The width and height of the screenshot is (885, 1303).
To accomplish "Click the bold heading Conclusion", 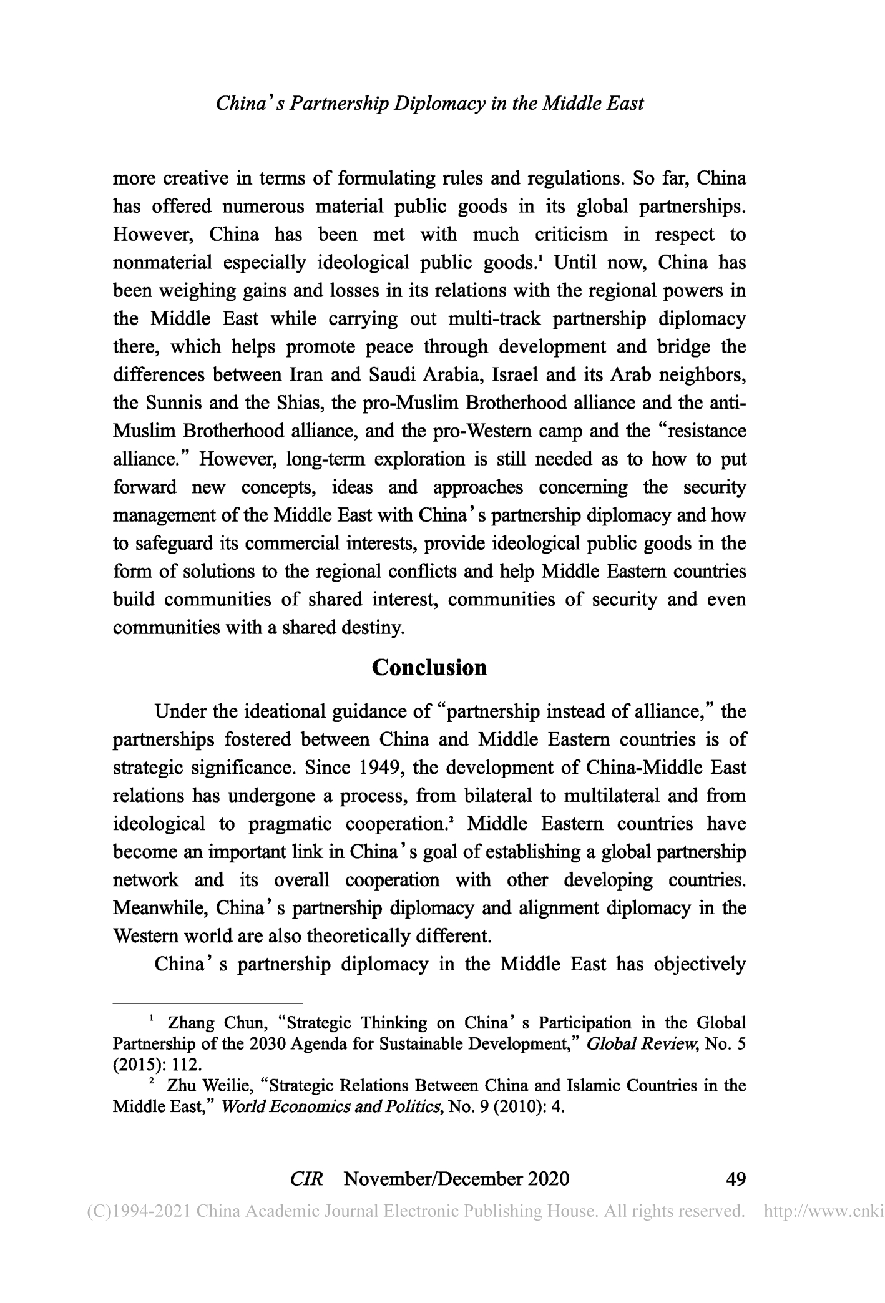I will (x=429, y=668).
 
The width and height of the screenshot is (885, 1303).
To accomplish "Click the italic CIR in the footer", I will (x=306, y=1179).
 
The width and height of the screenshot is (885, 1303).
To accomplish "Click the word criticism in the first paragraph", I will (x=571, y=235).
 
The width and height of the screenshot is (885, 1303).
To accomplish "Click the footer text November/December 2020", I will (x=456, y=1179).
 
